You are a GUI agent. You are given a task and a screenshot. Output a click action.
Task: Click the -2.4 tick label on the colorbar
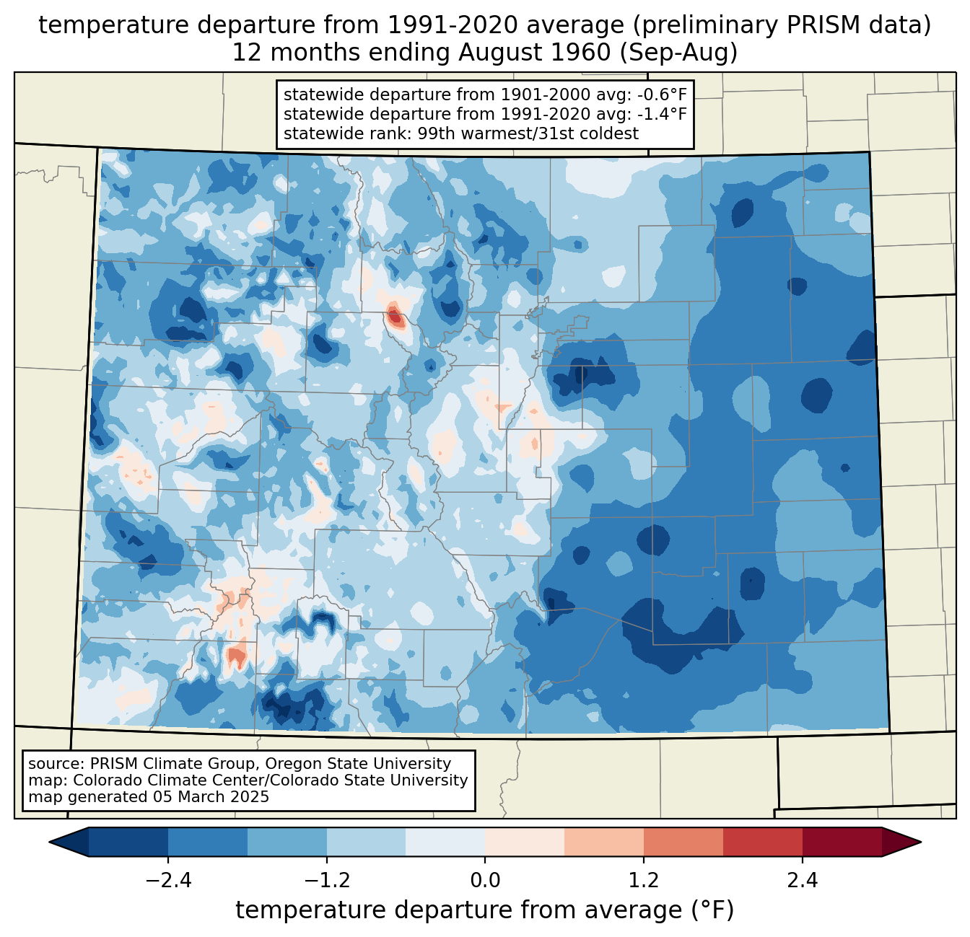(168, 881)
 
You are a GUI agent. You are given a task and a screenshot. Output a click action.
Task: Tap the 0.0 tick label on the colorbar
(485, 881)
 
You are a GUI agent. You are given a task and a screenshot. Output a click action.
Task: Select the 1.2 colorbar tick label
(644, 881)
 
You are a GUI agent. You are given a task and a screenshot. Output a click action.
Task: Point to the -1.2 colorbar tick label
(327, 881)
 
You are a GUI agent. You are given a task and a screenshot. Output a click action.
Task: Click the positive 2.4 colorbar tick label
(802, 881)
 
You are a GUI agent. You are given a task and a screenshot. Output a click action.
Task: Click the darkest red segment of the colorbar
(842, 842)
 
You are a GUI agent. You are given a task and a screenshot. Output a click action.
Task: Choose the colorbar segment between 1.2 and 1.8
(683, 842)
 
